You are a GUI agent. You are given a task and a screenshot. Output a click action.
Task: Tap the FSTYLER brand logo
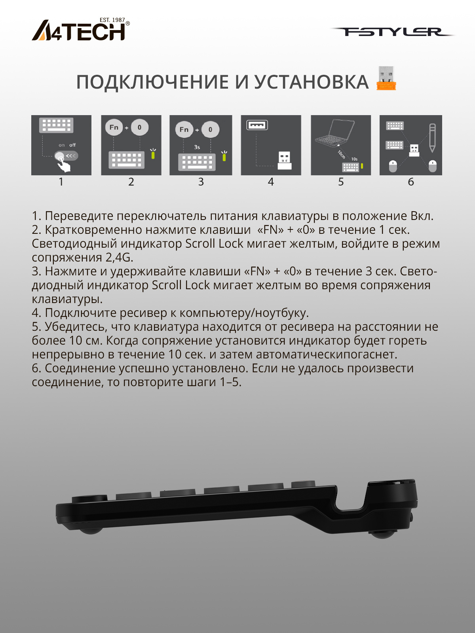tap(392, 32)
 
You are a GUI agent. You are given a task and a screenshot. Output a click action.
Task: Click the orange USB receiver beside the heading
tap(386, 78)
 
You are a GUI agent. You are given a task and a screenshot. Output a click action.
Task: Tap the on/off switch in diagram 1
tap(66, 156)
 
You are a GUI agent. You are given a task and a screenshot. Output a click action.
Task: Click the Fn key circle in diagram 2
tap(114, 127)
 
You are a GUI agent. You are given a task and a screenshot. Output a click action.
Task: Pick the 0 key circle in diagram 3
tap(210, 129)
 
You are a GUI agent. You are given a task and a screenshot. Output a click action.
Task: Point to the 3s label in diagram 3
tap(197, 147)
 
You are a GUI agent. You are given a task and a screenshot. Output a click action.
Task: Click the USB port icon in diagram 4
tap(257, 125)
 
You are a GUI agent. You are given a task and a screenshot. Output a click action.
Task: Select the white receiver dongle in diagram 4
tap(285, 161)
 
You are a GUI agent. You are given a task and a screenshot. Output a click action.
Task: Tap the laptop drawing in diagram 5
tap(335, 133)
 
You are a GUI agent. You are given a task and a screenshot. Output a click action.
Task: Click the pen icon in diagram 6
tap(432, 138)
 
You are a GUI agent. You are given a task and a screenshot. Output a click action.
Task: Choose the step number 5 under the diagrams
tap(341, 182)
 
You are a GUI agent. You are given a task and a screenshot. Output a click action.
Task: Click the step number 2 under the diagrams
tap(131, 182)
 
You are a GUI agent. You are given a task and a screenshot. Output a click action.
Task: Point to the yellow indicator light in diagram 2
tap(154, 154)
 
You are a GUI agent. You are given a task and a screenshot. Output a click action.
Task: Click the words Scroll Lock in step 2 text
tap(214, 244)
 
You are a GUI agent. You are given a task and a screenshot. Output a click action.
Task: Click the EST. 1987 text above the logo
tap(112, 20)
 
